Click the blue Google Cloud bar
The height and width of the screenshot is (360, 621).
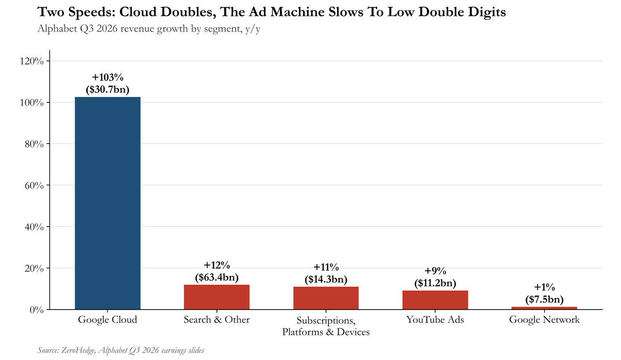(108, 203)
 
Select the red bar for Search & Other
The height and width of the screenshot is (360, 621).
(216, 297)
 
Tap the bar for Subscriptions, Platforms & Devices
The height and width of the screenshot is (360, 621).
(326, 298)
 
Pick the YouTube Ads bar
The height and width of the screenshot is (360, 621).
(435, 300)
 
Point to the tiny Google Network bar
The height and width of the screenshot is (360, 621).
(544, 308)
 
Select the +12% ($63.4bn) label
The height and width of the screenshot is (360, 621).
(216, 271)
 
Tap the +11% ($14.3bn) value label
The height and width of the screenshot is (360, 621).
(326, 273)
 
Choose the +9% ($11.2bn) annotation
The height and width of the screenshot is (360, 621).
(435, 277)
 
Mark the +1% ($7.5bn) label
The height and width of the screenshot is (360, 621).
(544, 294)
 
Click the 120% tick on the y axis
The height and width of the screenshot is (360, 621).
(32, 61)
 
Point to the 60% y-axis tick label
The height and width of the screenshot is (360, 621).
(34, 185)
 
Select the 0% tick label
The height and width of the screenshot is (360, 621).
(36, 310)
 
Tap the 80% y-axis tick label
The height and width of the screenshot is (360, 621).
(34, 144)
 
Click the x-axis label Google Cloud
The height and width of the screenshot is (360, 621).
(108, 320)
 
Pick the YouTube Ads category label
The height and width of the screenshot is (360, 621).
(435, 320)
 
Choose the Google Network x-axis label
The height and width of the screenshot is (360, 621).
(544, 320)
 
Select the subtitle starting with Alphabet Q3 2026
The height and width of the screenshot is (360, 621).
(149, 29)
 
